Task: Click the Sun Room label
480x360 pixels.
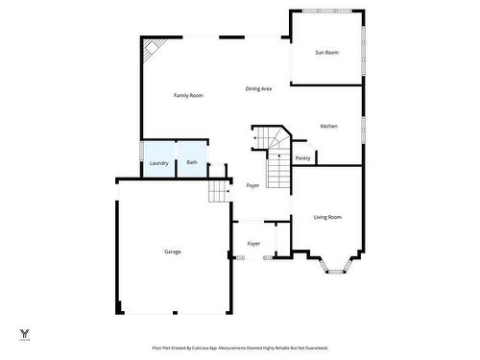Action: click(x=326, y=52)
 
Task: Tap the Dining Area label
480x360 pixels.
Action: click(x=258, y=88)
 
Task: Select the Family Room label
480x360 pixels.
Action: click(x=188, y=95)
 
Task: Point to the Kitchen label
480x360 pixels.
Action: click(x=328, y=127)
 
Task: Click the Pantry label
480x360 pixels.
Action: click(x=302, y=157)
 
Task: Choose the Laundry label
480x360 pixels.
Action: click(x=159, y=163)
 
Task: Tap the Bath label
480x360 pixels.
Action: click(x=192, y=162)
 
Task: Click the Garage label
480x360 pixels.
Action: click(x=172, y=252)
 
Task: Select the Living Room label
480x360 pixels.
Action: click(x=327, y=217)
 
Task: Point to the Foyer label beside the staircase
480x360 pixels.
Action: click(x=253, y=185)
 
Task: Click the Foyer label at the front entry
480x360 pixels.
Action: click(x=253, y=244)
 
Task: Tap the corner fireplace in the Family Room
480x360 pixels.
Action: click(x=151, y=49)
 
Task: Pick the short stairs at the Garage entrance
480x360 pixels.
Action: click(x=220, y=192)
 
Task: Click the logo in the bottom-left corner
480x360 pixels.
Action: click(x=24, y=335)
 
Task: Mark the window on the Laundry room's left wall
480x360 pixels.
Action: click(x=141, y=152)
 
